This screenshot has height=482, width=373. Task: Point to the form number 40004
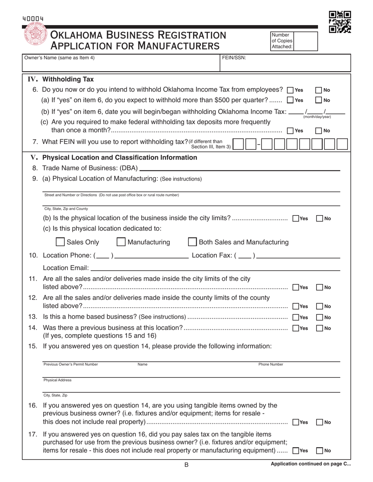click(33, 19)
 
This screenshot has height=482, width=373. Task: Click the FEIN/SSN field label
click(234, 58)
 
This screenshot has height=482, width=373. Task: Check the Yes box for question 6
click(290, 90)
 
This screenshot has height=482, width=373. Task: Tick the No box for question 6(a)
click(319, 100)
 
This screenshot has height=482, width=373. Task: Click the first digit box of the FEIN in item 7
click(238, 144)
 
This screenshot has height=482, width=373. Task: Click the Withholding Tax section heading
click(68, 79)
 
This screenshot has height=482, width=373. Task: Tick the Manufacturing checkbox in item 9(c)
click(121, 242)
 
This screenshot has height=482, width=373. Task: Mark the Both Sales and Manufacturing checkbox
click(192, 242)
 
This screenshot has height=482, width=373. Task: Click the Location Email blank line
click(215, 269)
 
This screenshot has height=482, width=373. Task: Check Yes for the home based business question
click(296, 317)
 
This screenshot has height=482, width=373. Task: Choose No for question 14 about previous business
click(319, 328)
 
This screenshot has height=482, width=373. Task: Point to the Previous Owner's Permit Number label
click(71, 364)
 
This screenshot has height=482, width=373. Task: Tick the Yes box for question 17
click(296, 451)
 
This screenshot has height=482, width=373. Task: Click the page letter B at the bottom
click(186, 465)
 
